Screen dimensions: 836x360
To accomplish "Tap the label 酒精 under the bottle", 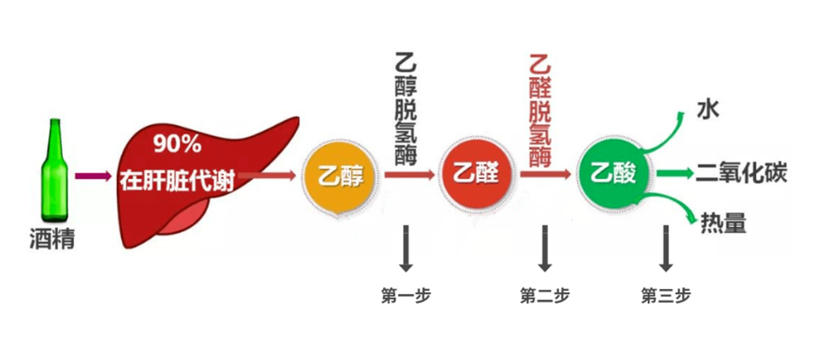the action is point(52,238).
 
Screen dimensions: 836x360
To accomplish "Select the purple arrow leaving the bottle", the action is point(93,176).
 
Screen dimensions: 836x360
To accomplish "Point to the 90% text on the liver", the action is point(177,144).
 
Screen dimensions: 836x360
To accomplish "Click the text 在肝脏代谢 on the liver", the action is point(177,181).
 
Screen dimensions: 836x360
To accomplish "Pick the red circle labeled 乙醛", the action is point(475,174).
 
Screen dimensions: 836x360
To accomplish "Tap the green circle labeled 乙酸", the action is point(613,173).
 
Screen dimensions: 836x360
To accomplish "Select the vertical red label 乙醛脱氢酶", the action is point(540,111).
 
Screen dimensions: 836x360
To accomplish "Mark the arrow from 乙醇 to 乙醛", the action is point(410,174).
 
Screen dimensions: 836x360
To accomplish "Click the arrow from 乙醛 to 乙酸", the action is point(545,174).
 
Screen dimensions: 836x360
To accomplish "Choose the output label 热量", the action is point(723,223).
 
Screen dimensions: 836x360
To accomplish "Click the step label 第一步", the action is point(406,295).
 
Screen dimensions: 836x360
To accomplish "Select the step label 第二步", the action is point(545,295).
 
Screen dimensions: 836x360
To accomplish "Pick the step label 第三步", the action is point(666,295).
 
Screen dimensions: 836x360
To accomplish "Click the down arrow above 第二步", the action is point(545,248).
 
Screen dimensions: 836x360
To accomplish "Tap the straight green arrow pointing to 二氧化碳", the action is point(675,173).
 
